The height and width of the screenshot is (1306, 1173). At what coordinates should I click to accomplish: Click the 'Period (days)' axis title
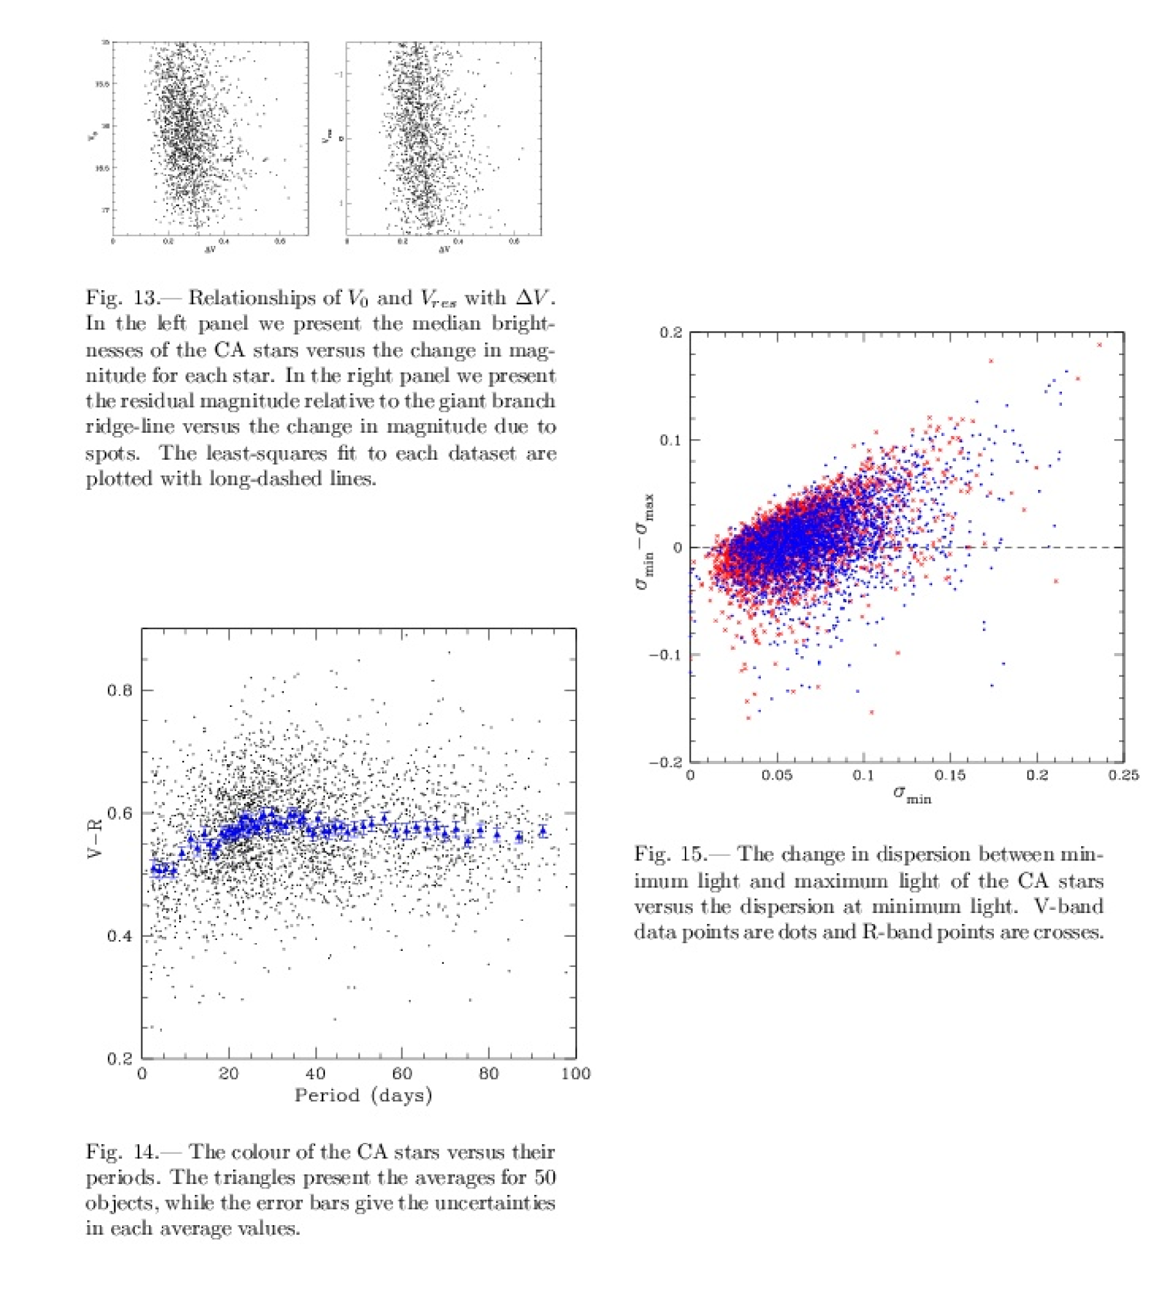coord(363,1095)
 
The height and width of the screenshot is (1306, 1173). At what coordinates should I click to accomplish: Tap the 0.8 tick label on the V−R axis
coord(119,690)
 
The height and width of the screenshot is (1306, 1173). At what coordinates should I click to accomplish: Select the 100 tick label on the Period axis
coord(575,1074)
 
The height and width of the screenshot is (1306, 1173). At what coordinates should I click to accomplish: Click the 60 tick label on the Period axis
coord(401,1074)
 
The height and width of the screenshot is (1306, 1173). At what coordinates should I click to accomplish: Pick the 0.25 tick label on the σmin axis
coord(1124,775)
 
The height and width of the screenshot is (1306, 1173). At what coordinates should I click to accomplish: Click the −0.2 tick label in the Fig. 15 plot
coord(665,762)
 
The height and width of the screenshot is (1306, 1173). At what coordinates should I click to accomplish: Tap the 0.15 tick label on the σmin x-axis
coord(950,775)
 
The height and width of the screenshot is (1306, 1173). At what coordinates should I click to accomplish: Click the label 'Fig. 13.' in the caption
coord(123,298)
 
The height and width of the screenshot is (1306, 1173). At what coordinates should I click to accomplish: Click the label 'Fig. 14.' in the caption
coord(123,1151)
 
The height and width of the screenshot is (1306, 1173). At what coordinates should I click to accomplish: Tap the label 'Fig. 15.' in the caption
coord(670,854)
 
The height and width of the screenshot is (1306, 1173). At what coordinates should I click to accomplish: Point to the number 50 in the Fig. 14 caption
coord(544,1177)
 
